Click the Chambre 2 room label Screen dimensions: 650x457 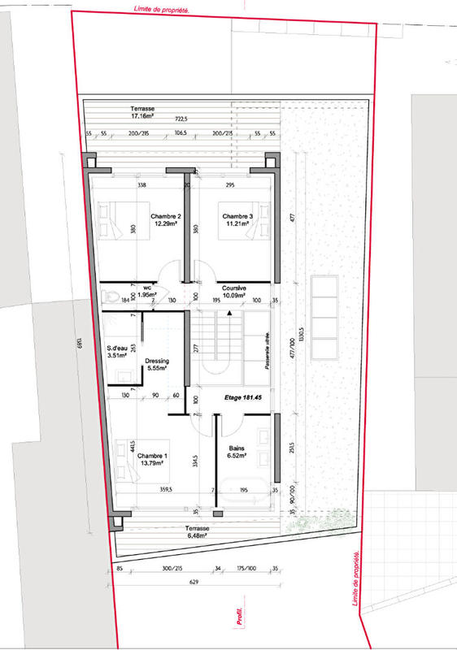coord(164,220)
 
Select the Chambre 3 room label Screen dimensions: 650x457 coord(238,220)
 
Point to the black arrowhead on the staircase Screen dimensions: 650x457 coord(230,312)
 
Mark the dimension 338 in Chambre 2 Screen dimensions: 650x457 coord(141,185)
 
